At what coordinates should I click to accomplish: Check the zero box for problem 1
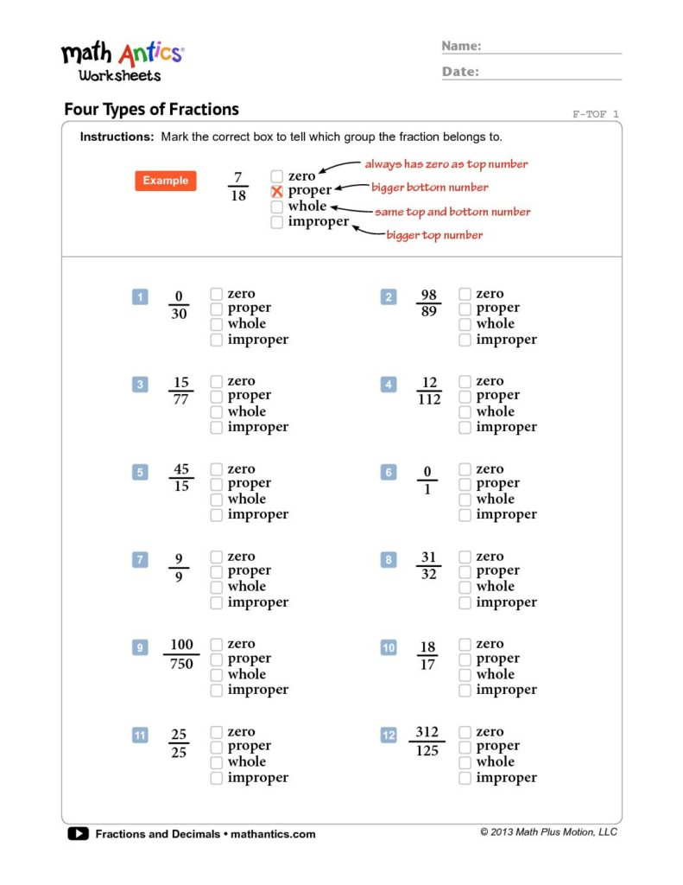pos(217,294)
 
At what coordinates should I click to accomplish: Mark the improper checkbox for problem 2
pos(465,340)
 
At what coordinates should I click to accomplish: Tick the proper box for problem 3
pos(217,396)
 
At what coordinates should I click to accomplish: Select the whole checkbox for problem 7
pos(217,587)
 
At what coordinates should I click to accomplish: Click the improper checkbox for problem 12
pos(465,778)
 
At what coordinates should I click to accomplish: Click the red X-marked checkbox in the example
pos(277,191)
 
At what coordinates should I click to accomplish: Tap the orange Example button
pos(165,181)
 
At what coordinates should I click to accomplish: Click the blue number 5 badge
pos(140,473)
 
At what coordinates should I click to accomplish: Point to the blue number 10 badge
pos(389,648)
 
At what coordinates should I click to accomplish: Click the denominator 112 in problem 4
pos(429,399)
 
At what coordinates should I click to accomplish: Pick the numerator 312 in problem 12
pos(427,732)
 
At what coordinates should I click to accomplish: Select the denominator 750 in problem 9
pos(181,664)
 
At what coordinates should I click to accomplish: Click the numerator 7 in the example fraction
pos(238,177)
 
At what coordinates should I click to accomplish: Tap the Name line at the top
pos(553,50)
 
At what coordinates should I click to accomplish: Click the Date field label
pos(460,72)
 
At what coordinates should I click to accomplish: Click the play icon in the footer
pos(78,834)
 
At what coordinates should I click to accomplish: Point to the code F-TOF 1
pos(596,114)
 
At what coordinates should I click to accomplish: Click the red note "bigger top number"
pos(434,235)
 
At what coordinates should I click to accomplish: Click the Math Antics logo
pos(121,60)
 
